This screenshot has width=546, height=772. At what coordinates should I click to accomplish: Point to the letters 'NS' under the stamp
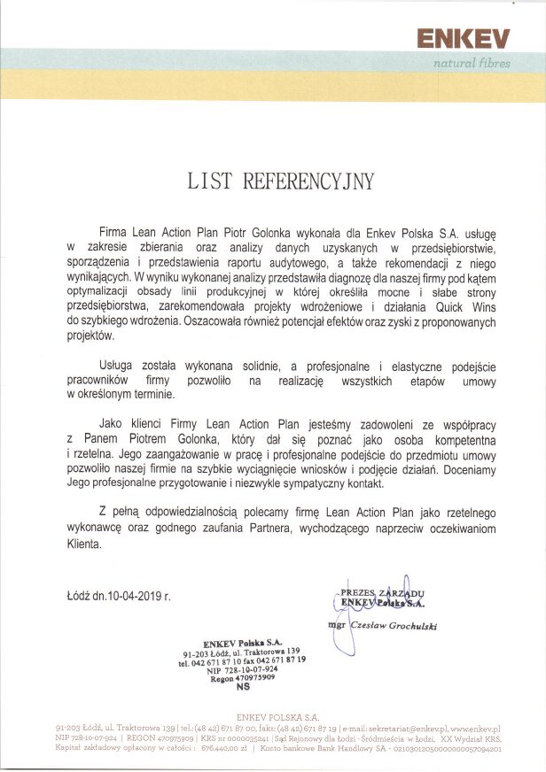pyautogui.click(x=243, y=686)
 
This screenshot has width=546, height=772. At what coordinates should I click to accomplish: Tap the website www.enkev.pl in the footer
pyautogui.click(x=476, y=726)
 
